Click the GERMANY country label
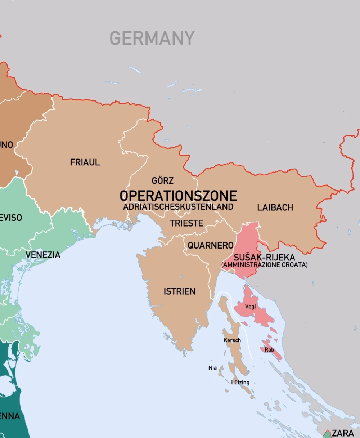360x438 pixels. [x=152, y=38]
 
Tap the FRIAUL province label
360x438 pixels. [x=85, y=162]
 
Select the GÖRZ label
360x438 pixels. [x=162, y=180]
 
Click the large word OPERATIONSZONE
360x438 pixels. [x=178, y=196]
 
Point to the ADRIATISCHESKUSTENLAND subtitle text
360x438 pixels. [x=178, y=207]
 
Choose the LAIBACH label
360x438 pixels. [x=275, y=207]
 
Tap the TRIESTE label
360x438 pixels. [x=186, y=223]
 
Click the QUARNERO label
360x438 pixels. [x=211, y=246]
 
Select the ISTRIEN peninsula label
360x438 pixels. [x=180, y=291]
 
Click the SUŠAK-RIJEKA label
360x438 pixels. [x=264, y=258]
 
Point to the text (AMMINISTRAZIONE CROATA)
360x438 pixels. [x=264, y=265]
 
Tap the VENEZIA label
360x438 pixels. [x=43, y=255]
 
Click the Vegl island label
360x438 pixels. [x=251, y=307]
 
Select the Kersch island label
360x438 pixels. [x=232, y=340]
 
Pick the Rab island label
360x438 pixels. [x=269, y=350]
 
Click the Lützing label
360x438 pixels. [x=240, y=383]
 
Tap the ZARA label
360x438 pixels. [x=342, y=433]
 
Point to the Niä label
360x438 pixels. [x=212, y=368]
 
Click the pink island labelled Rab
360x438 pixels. [x=276, y=355]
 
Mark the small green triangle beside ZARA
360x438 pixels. [x=327, y=434]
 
